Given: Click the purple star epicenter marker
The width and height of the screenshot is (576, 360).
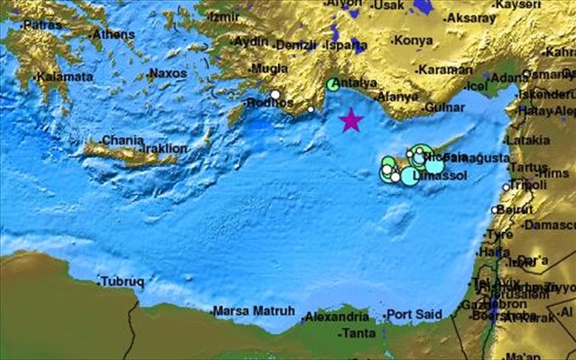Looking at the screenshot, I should pos(350,120).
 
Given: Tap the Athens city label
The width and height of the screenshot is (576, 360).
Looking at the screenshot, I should pos(115,34).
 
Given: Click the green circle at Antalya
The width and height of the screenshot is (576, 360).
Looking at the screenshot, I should pos(333,86).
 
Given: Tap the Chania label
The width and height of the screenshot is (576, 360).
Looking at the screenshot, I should pos(123,141).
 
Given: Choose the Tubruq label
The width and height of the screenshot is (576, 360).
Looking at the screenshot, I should pos(122,282).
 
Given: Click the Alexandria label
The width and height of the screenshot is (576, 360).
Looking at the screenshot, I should pos(337,318).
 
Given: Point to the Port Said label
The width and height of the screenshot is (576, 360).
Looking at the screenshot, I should pos(414,314).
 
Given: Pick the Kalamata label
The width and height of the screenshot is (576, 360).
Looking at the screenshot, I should pos(66,78).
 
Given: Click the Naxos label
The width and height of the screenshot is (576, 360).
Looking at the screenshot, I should pos(168,73).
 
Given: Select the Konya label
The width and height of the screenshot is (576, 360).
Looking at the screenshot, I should pos(412,41).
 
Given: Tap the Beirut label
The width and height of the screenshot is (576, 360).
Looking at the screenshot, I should pos(516,209).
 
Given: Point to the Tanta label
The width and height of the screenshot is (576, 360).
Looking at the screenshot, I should pos(361,333).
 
